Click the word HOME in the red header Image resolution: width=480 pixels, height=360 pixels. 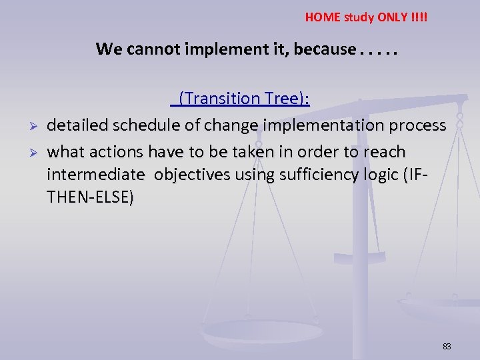click(x=321, y=17)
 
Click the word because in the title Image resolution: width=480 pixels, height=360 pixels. click(x=312, y=49)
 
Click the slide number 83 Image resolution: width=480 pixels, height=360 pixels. click(x=447, y=346)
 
